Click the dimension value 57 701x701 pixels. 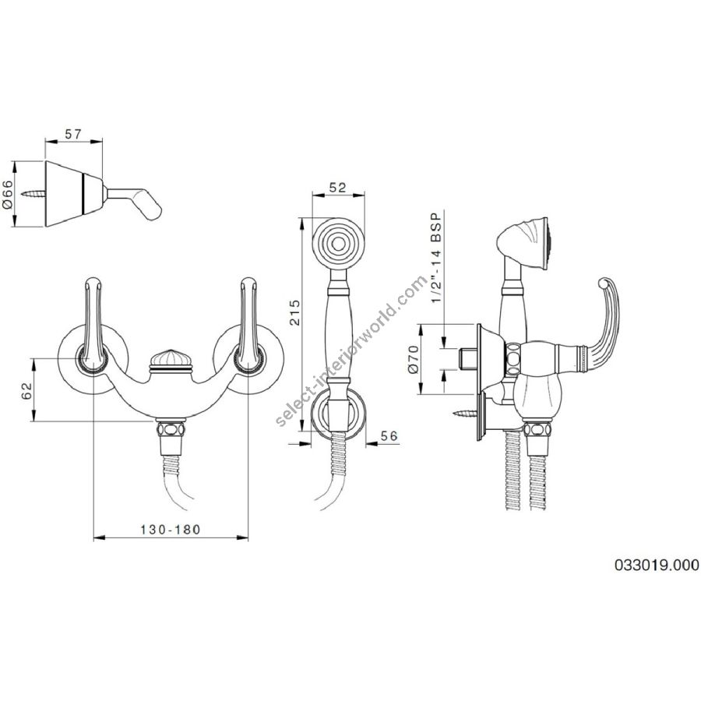73,134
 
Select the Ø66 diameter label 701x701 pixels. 8,193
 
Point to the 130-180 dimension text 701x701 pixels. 171,530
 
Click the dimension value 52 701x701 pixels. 337,187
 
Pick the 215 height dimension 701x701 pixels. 295,312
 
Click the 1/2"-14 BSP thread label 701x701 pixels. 436,257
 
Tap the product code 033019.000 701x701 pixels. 657,565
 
